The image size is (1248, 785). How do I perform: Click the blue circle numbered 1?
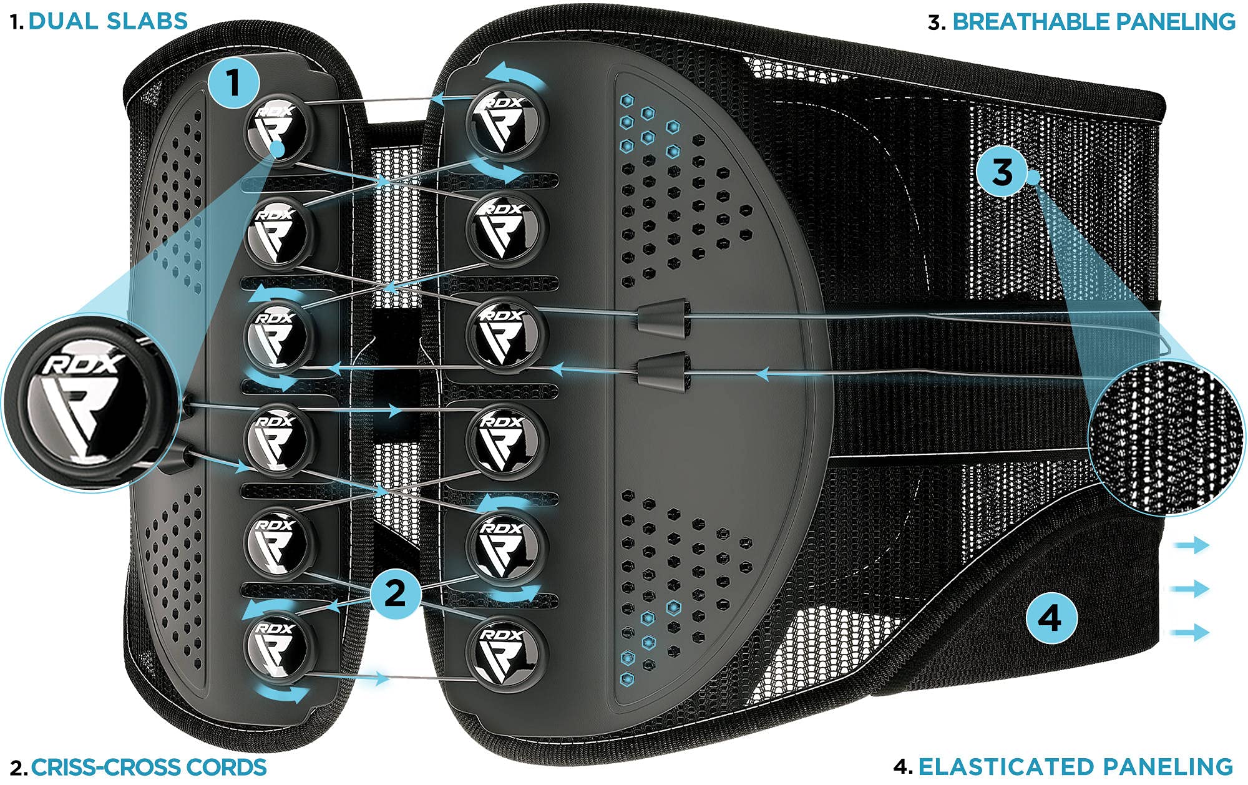pyautogui.click(x=234, y=82)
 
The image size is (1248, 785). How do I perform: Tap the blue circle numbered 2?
pyautogui.click(x=396, y=592)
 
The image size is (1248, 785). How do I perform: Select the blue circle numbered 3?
pyautogui.click(x=1002, y=172)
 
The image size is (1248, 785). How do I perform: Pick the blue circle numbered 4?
pyautogui.click(x=1051, y=618)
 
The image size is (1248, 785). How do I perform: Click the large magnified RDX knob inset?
pyautogui.click(x=90, y=402)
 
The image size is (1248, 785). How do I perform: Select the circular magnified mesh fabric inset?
pyautogui.click(x=1166, y=437)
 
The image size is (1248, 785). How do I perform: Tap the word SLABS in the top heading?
pyautogui.click(x=147, y=21)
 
